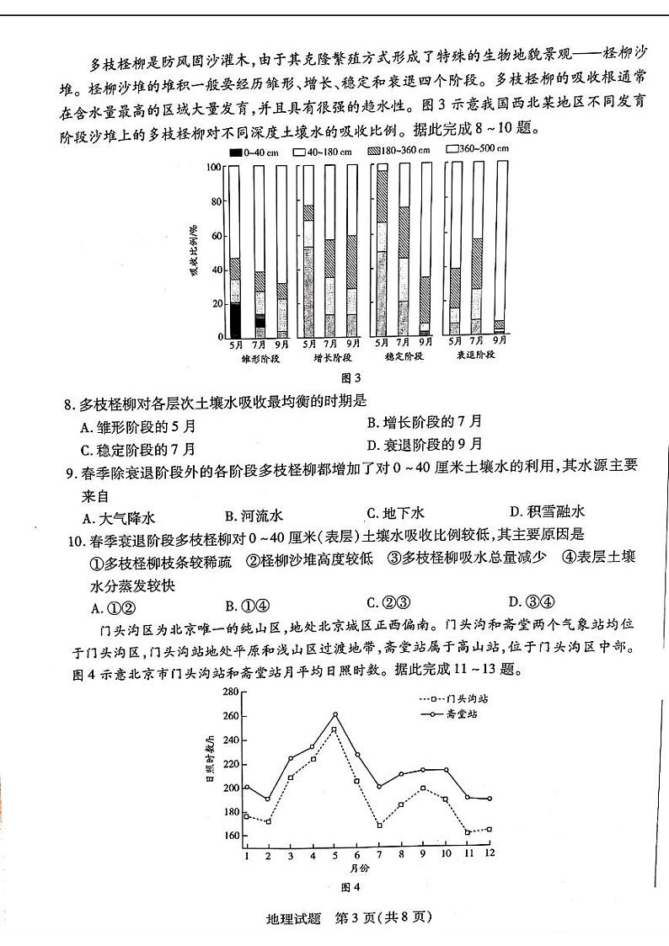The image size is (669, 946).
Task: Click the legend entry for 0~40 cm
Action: tap(249, 152)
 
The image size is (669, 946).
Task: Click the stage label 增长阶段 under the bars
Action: tap(331, 357)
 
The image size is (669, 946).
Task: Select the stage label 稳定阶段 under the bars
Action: tap(403, 357)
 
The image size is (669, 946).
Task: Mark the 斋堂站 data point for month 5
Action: tap(334, 714)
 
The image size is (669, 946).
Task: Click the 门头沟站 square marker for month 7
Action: tap(379, 826)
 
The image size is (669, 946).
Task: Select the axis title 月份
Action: tap(357, 868)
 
